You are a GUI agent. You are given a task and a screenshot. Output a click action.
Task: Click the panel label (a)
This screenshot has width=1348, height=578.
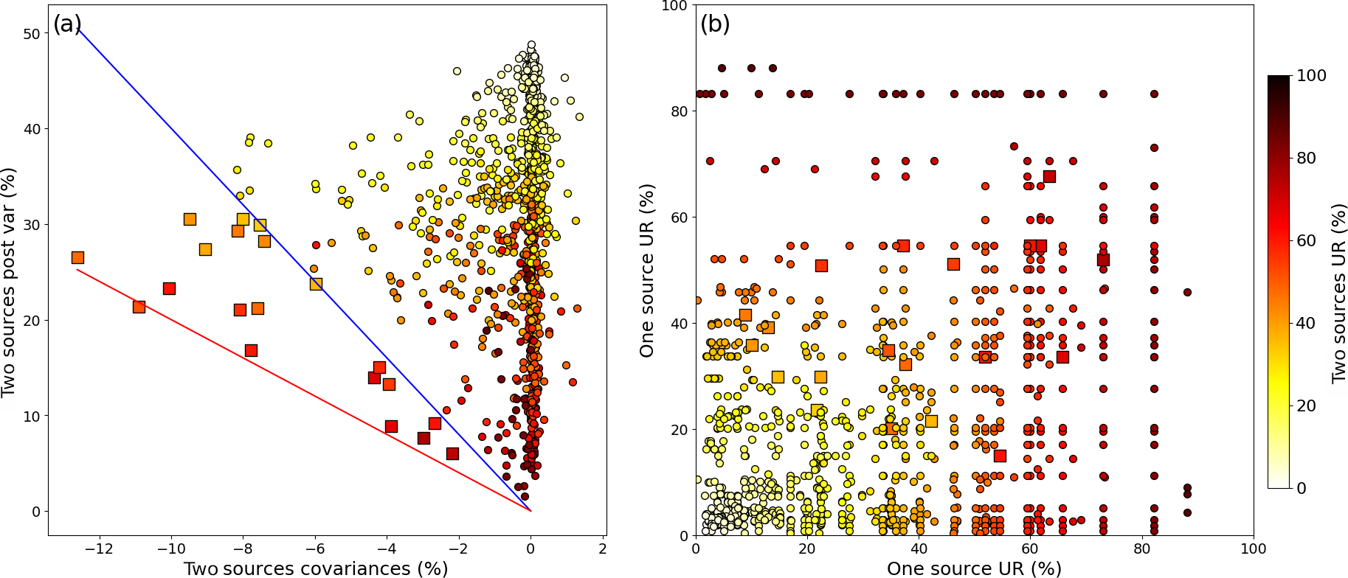click(66, 24)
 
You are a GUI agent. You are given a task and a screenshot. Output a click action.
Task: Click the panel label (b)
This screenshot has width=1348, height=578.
click(714, 24)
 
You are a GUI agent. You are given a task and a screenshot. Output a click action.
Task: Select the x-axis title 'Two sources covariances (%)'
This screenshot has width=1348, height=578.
click(316, 568)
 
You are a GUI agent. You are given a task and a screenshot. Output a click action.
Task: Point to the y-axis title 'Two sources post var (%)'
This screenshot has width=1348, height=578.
click(9, 282)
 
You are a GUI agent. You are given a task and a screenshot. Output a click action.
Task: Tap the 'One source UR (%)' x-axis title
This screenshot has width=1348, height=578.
click(974, 568)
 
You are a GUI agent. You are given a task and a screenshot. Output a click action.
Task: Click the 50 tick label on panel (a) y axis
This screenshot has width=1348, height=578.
click(31, 34)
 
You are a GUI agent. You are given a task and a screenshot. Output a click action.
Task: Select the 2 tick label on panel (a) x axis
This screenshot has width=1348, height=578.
click(603, 549)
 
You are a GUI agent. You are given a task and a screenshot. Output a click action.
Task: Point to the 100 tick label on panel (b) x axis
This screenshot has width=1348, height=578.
click(1253, 549)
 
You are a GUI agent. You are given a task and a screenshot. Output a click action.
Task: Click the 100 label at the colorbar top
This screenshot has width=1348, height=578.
click(1310, 76)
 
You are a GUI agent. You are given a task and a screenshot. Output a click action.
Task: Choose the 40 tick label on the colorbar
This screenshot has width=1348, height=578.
click(1306, 323)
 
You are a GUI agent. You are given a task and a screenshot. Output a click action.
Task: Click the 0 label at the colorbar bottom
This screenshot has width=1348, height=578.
click(1302, 488)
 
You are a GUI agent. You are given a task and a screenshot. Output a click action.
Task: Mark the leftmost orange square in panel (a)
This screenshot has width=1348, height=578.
click(77, 257)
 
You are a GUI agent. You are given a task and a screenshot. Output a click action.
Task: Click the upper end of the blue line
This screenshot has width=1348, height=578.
click(77, 27)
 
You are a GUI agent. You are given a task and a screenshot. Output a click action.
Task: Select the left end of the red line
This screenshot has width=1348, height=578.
click(77, 269)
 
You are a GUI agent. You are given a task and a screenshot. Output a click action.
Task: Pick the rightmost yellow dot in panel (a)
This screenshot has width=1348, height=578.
click(579, 116)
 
